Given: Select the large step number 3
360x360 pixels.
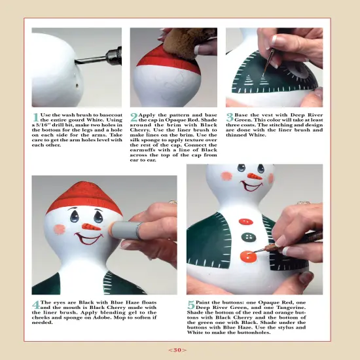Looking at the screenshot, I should tap(230, 117).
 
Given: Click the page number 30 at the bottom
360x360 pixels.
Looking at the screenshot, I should tap(177, 350).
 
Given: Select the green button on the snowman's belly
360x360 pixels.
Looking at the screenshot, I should tap(247, 237).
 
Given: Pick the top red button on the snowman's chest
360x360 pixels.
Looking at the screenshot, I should tap(247, 221).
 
